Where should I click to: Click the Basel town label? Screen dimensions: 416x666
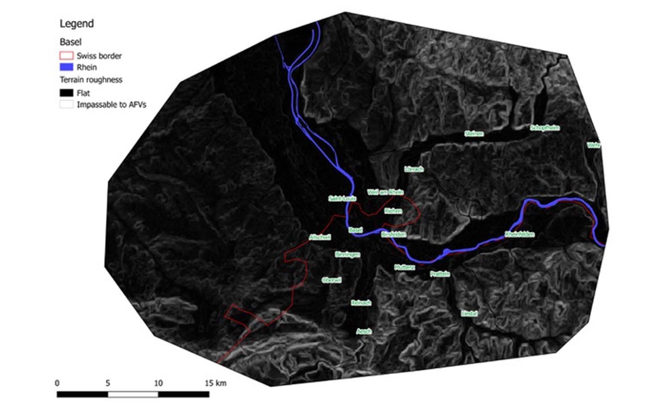[356, 230]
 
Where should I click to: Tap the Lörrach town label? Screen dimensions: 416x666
[414, 169]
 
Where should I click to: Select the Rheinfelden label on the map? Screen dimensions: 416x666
[520, 234]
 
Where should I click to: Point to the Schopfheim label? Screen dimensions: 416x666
[545, 128]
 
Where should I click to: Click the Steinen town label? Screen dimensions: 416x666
[474, 133]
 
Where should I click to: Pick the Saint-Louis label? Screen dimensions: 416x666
[342, 199]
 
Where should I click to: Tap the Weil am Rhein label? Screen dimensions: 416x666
[385, 192]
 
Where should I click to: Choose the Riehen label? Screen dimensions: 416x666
[393, 211]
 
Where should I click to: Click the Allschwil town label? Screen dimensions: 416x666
[320, 237]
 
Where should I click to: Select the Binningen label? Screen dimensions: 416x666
[348, 254]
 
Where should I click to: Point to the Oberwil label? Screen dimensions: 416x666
[332, 280]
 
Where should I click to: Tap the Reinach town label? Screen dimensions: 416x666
[361, 303]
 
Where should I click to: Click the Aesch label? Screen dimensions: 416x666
[364, 331]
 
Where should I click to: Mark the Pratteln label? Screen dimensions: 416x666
[440, 274]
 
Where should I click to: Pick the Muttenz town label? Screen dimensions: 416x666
[404, 267]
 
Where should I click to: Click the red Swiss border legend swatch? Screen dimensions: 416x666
[66, 55]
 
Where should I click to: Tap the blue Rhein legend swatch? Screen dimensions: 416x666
[66, 67]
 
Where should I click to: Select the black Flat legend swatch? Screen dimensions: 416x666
[66, 93]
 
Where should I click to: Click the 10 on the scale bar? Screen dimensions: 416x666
[158, 383]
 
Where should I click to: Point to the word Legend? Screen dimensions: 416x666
[77, 24]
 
